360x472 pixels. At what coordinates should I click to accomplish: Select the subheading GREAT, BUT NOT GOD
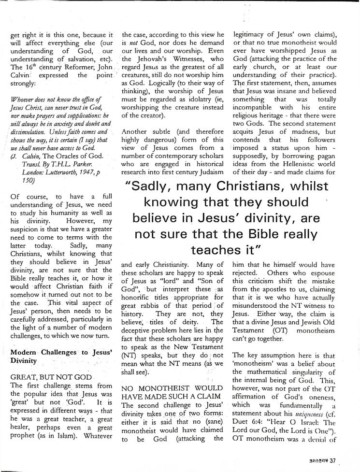coord(50,375)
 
